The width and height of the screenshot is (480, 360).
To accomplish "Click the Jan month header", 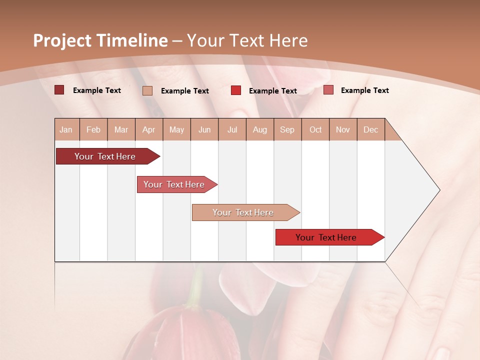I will click(x=66, y=129).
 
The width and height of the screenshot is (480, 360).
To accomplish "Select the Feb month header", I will click(x=93, y=129).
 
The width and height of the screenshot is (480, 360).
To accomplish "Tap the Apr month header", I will click(x=149, y=129).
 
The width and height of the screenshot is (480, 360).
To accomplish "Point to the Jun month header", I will click(x=204, y=129).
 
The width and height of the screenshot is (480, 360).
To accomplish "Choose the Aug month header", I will click(x=260, y=129).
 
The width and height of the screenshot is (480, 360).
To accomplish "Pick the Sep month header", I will click(x=287, y=129).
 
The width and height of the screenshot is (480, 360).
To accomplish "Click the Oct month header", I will click(x=315, y=129).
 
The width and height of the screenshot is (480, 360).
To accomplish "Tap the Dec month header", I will click(x=371, y=129).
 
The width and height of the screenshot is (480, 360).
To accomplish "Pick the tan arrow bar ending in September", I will click(x=244, y=212).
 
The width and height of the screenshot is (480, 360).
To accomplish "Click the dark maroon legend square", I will click(x=59, y=90).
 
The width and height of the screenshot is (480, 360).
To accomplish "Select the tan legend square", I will click(x=147, y=90).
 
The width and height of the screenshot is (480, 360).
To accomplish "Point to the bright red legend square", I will click(x=236, y=90).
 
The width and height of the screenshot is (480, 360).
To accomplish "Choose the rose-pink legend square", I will click(x=328, y=90).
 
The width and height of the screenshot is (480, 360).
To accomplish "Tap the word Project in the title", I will click(x=62, y=40).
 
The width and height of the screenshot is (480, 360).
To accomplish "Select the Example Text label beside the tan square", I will click(x=185, y=91).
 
